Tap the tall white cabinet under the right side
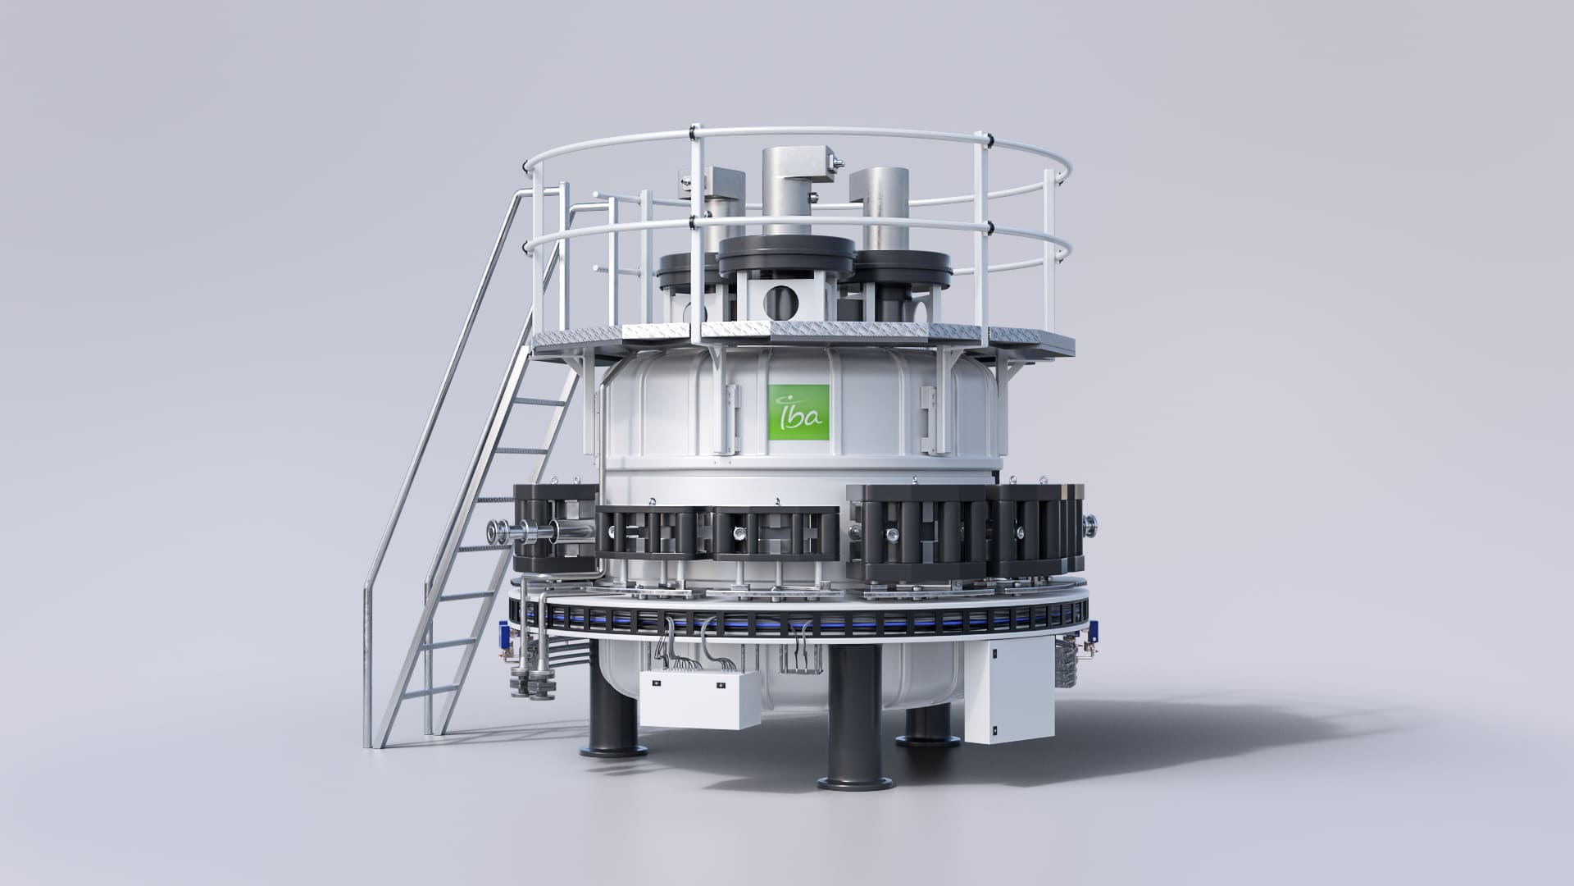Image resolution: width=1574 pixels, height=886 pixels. coord(1008,686)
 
